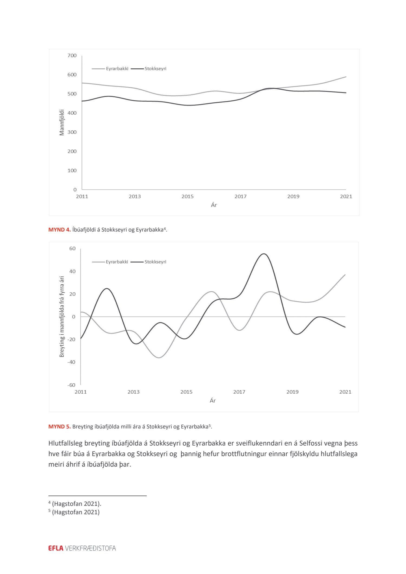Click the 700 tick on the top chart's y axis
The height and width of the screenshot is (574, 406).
click(x=72, y=55)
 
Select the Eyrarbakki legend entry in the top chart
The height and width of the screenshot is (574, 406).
click(x=117, y=69)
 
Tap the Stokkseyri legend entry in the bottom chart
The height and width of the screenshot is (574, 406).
click(x=155, y=262)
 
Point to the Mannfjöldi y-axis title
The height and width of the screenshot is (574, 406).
click(x=62, y=122)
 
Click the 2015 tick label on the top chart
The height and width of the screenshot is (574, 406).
click(x=187, y=196)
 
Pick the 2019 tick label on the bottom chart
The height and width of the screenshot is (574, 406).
click(x=292, y=392)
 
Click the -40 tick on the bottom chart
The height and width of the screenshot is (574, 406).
click(x=72, y=362)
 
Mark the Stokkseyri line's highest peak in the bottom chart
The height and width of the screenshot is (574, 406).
click(x=264, y=254)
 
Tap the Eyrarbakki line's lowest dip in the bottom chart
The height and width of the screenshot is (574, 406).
click(x=159, y=358)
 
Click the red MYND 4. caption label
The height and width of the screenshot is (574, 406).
click(x=60, y=230)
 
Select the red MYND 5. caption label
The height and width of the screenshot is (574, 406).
click(x=60, y=427)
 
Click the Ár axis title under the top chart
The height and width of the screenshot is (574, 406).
click(x=214, y=205)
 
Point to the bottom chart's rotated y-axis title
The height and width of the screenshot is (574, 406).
click(x=62, y=316)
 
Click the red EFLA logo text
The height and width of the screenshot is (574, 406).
click(x=56, y=548)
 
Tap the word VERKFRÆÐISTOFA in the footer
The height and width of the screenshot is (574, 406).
click(x=90, y=548)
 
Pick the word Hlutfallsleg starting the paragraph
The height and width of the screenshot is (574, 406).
click(x=66, y=443)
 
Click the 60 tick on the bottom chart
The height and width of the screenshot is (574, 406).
click(x=72, y=249)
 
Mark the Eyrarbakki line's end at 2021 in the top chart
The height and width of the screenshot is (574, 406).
click(x=346, y=77)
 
